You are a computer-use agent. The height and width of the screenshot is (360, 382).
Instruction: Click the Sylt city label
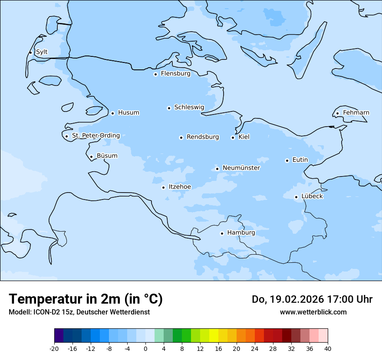click(42, 52)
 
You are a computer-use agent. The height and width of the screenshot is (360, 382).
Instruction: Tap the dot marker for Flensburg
click(155, 74)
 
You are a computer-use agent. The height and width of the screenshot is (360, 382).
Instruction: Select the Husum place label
click(128, 113)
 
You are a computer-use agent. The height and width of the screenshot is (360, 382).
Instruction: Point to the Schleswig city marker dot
click(169, 108)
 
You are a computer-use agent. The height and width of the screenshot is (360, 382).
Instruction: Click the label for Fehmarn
click(356, 113)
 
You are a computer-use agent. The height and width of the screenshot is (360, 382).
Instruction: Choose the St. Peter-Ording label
click(96, 136)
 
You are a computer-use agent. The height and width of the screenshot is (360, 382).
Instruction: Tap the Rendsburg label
click(203, 137)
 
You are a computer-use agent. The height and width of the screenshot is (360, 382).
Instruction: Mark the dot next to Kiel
click(233, 137)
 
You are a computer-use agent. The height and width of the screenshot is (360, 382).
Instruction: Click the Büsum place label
click(107, 156)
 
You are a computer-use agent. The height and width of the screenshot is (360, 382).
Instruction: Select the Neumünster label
click(241, 168)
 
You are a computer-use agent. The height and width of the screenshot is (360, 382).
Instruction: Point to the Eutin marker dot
click(287, 160)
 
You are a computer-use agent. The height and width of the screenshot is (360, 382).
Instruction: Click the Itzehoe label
click(180, 187)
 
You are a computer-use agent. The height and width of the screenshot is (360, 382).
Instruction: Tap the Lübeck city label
click(312, 196)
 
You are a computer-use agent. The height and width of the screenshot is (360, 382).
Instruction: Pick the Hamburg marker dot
click(222, 233)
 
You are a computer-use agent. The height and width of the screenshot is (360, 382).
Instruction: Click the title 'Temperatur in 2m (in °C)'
click(86, 299)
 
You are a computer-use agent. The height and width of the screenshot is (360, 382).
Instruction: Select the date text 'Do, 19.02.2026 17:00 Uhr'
click(312, 299)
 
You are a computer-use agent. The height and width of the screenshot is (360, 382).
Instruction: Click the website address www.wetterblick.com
click(313, 312)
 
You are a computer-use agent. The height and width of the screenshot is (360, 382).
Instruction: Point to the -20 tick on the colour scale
click(54, 348)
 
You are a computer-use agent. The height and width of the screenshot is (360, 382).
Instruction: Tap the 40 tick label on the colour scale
click(328, 348)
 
